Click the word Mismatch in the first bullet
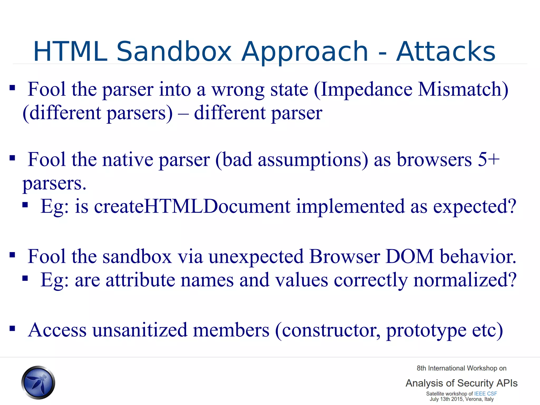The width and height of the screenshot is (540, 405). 460,90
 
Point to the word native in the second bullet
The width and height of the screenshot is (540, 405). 128,160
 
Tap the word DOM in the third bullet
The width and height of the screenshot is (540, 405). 409,256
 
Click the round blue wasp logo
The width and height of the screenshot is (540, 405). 38,382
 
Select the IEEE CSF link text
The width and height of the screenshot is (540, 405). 485,393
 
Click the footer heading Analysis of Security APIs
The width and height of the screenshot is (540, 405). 461,383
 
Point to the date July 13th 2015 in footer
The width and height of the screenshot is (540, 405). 446,399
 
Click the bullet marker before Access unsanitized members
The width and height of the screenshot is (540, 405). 12,329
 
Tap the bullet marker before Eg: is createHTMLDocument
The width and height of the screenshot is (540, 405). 25,205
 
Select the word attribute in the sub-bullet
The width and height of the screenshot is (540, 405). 140,280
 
